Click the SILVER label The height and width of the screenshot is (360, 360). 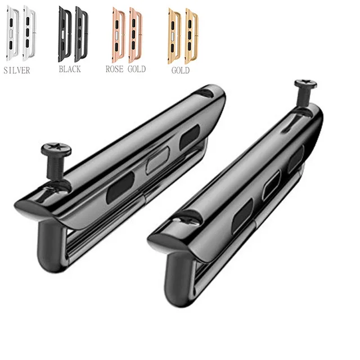[x=16, y=71]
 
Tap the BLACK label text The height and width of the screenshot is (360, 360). [x=70, y=69]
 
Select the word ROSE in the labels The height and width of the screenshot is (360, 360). [x=115, y=69]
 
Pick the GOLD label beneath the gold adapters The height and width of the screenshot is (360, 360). [x=180, y=71]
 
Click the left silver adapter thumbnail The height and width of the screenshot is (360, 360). [x=12, y=34]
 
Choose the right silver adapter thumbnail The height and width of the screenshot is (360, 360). [x=29, y=34]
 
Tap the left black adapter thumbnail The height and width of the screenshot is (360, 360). [x=64, y=34]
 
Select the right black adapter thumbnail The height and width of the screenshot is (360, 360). [x=81, y=34]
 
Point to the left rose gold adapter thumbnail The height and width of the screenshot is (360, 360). [x=118, y=34]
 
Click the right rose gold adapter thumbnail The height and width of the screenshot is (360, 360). [x=135, y=34]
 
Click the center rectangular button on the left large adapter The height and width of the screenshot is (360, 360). [x=155, y=163]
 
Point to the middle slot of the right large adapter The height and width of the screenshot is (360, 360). [x=271, y=185]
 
